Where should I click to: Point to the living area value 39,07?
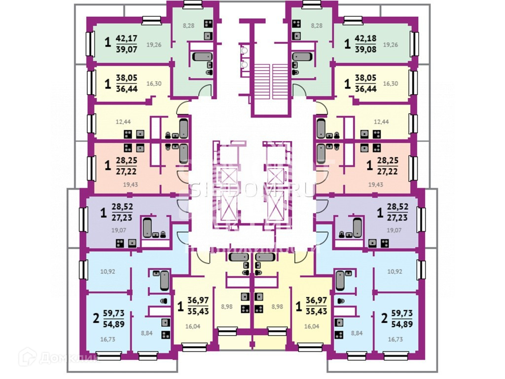pos(127,49)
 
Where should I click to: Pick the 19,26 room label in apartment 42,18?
pos(391,44)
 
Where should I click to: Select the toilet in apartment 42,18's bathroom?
pos(295,72)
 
